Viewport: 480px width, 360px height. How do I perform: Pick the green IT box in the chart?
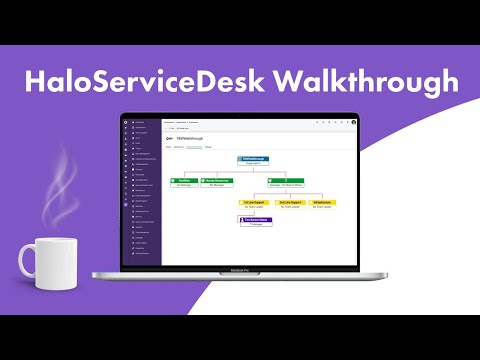point(287,181)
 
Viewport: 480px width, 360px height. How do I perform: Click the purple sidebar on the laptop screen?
point(141,190)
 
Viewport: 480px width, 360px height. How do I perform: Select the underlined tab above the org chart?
point(194,147)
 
